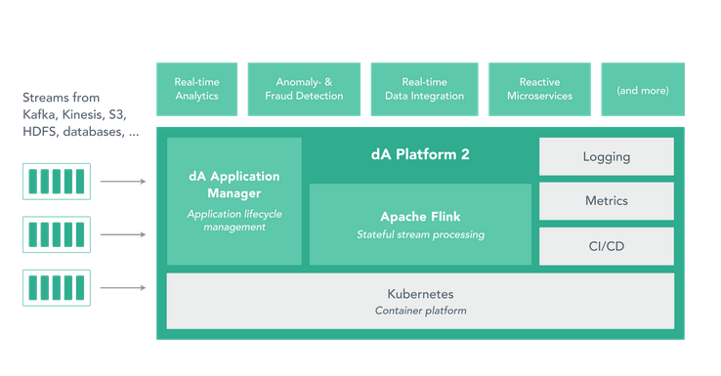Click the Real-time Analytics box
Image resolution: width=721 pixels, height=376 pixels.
click(196, 89)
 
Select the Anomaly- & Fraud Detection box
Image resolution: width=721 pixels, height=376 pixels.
click(304, 89)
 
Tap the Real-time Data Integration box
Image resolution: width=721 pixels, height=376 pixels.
click(424, 89)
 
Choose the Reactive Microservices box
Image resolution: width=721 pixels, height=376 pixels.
click(539, 89)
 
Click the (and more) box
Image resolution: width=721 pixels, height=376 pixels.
click(643, 89)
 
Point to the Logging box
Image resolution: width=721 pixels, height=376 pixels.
click(607, 156)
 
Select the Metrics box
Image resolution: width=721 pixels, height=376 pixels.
click(607, 201)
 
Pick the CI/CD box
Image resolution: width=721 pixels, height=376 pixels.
click(607, 246)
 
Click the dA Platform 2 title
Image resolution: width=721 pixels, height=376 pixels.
click(420, 154)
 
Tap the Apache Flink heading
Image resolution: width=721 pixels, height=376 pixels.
click(420, 217)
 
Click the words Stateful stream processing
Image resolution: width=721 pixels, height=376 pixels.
click(420, 234)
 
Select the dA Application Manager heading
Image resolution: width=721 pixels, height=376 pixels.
click(234, 185)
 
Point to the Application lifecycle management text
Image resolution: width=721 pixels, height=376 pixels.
click(234, 221)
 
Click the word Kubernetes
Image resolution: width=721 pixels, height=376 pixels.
click(420, 294)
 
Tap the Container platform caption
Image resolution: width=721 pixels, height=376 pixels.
click(420, 311)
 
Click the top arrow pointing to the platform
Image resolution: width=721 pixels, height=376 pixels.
click(123, 182)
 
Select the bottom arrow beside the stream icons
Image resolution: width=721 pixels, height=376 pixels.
click(123, 288)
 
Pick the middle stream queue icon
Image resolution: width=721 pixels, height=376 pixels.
click(57, 234)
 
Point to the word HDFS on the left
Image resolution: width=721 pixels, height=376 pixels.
click(39, 132)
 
